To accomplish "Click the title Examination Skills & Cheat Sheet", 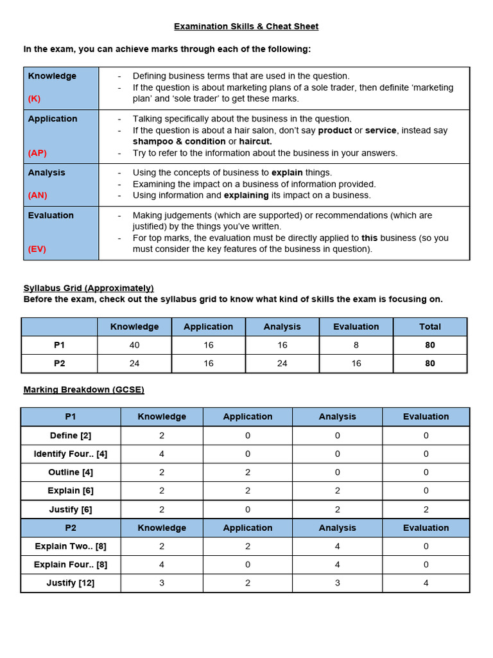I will [x=246, y=26].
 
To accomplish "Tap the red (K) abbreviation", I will [x=35, y=99].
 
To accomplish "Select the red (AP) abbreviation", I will [x=37, y=153].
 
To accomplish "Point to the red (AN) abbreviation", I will [x=37, y=195].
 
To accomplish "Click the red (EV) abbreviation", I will [x=37, y=249].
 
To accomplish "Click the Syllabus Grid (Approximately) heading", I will [x=89, y=288].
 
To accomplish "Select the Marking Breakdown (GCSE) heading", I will [x=83, y=389].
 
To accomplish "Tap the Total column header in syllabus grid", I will [x=430, y=326].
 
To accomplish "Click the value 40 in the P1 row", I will [x=134, y=345].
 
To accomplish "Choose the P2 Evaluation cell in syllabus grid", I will [x=356, y=363].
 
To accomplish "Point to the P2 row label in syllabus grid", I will [x=60, y=363].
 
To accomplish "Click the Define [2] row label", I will [x=71, y=435].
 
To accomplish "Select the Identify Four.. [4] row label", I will [x=71, y=454].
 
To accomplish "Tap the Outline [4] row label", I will [x=71, y=472].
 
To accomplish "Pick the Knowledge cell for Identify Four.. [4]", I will [x=162, y=454].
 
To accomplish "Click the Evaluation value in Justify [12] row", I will [x=426, y=583].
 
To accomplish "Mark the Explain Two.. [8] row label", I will [x=71, y=546].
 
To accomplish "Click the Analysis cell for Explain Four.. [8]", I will [x=337, y=565].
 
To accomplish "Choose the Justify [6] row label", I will [x=71, y=510].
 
